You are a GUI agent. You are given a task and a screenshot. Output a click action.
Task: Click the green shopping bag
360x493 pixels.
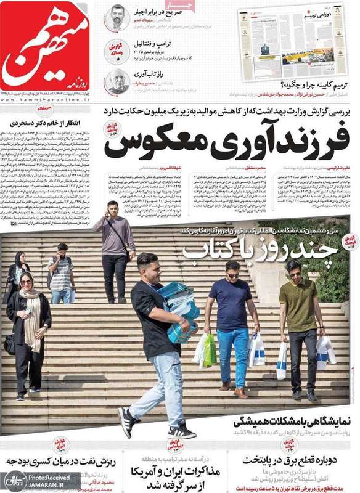(x=210, y=349)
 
